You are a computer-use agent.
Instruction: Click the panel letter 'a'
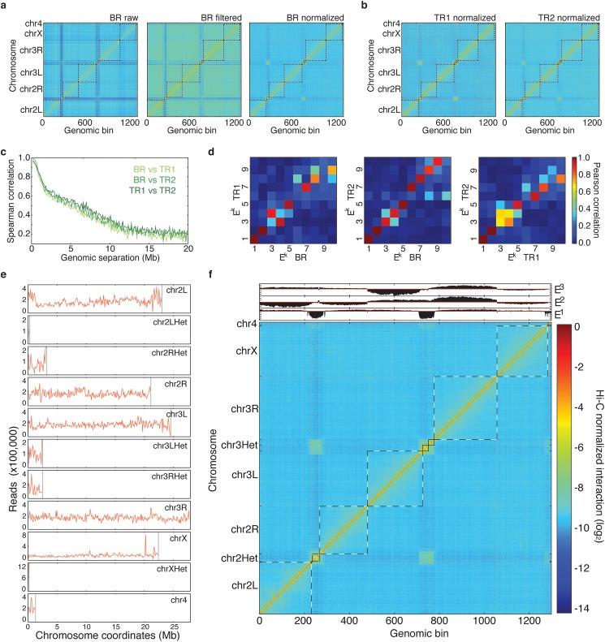point(6,6)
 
